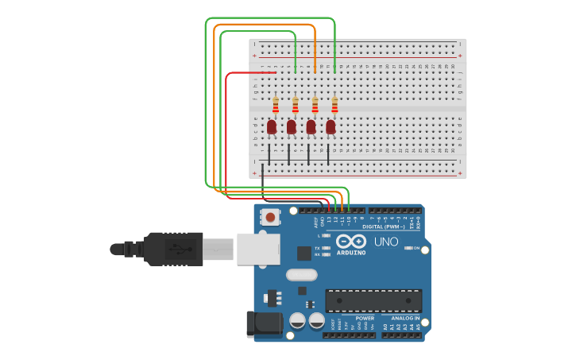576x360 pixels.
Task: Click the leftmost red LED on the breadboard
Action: click(272, 126)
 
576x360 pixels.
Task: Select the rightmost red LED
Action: click(331, 126)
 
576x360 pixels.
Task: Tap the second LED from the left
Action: click(292, 126)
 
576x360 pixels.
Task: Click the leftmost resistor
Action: click(276, 105)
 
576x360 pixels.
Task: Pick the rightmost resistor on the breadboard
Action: click(334, 105)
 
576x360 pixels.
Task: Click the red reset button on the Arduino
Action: click(271, 217)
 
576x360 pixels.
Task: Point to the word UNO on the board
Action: click(386, 242)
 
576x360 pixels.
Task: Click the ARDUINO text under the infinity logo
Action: click(350, 253)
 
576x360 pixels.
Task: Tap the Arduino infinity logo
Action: click(350, 241)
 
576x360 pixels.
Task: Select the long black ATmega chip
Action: click(373, 300)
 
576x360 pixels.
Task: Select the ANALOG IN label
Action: click(405, 318)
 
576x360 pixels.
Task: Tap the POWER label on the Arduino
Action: click(365, 318)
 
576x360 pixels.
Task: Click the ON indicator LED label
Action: click(416, 248)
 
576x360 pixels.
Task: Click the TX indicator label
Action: click(317, 248)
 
